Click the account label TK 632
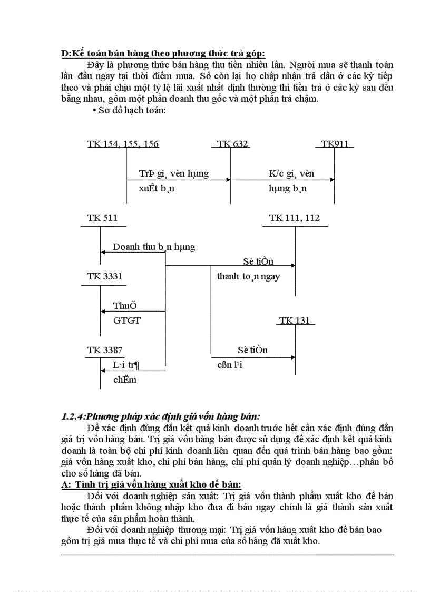point(233,144)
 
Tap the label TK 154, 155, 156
point(123,144)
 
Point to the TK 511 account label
point(102,218)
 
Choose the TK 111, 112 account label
point(294,218)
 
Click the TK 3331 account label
point(105,276)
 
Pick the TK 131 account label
point(295,321)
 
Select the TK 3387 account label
point(105,350)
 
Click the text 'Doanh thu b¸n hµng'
point(154,247)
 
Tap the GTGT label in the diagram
point(127,320)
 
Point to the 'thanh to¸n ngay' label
point(248,276)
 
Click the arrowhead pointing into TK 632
point(228,180)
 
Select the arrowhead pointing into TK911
point(331,180)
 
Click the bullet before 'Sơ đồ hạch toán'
point(94,111)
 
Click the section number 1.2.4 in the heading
point(73,416)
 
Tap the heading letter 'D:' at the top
point(66,53)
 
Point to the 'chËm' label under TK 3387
point(125,379)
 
